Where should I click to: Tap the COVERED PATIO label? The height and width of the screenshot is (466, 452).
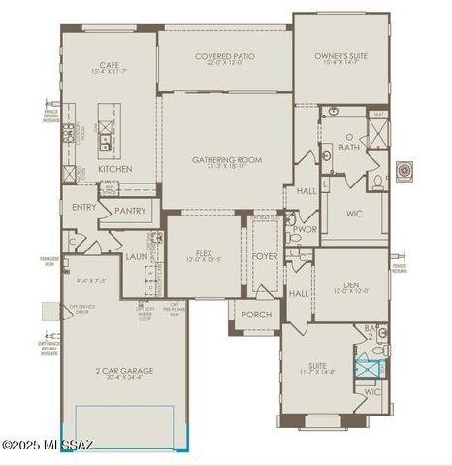click(224, 57)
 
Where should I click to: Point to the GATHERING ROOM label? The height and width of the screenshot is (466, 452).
click(227, 160)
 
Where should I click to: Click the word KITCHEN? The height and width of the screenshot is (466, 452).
click(114, 169)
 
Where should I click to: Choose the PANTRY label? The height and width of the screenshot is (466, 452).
click(130, 211)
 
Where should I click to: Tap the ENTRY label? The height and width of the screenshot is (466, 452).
click(83, 207)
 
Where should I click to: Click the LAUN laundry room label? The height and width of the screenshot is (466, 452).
click(136, 257)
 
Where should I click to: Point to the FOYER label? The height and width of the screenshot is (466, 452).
click(265, 257)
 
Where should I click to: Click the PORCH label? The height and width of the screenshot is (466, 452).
click(257, 314)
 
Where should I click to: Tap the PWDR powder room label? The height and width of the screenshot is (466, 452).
click(306, 230)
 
